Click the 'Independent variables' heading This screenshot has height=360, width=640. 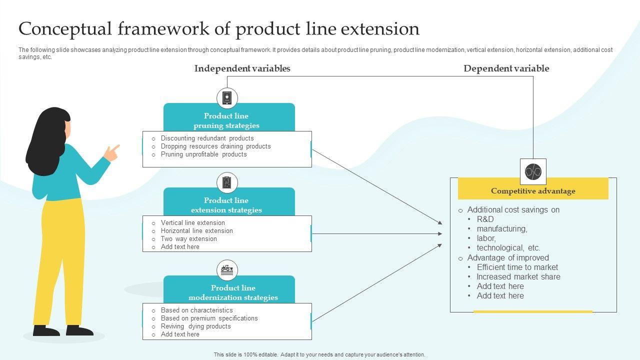coord(242,68)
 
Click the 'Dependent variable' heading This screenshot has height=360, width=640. coord(506,68)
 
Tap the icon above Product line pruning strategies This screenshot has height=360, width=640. coord(227,98)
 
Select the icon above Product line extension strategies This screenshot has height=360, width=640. coord(227,182)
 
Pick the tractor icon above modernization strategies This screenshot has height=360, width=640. coord(227,270)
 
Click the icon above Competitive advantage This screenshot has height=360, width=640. coord(533,171)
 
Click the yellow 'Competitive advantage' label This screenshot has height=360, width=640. coord(533,191)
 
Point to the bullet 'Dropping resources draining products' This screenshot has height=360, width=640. coord(215,146)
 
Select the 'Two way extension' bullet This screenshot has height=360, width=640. coord(188,239)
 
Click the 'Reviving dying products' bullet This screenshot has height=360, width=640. coord(195,326)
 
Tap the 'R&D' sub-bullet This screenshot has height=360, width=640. coord(485,219)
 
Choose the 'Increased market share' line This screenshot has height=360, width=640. coord(518,276)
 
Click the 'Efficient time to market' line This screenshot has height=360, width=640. coord(517,267)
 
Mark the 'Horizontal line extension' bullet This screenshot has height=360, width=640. coord(196,231)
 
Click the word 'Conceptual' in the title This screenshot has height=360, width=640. coord(63,29)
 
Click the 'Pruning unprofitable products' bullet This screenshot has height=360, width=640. coord(203,154)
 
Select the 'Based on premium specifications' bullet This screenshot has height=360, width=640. coord(209,318)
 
